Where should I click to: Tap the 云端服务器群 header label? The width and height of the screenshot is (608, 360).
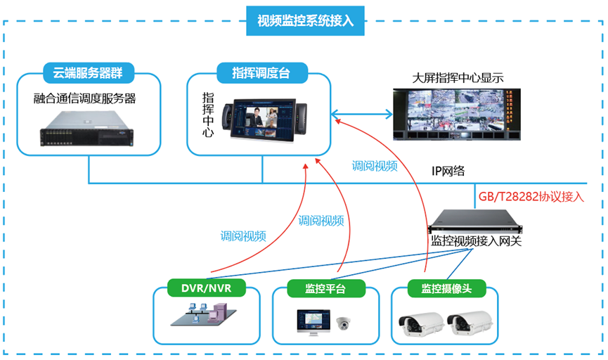tap(89, 72)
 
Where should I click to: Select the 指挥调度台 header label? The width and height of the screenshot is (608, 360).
tap(261, 72)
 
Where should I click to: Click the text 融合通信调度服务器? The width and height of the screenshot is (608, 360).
tap(84, 99)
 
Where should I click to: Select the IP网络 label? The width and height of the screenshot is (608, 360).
tap(448, 172)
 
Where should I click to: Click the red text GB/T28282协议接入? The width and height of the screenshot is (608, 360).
tap(531, 196)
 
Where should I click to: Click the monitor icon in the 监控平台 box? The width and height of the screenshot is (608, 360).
tap(311, 321)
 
